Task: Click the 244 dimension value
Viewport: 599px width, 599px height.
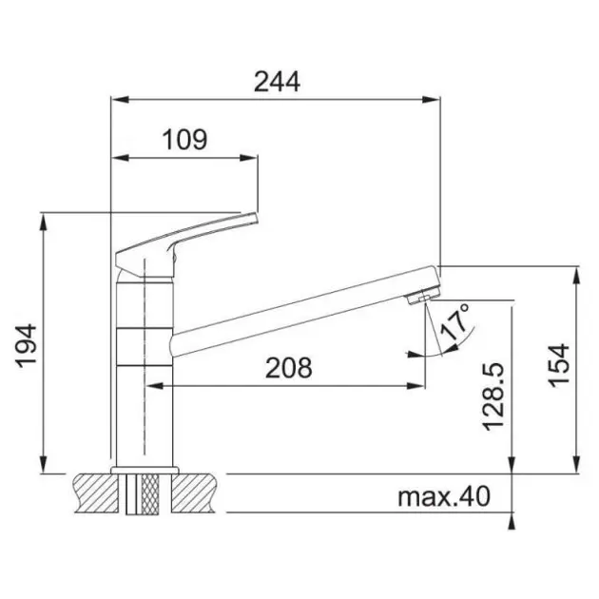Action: coord(277,82)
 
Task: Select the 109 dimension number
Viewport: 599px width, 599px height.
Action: coord(184,140)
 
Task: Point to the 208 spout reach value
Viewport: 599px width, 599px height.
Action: coord(288,368)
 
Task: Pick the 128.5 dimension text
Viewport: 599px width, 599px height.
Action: coord(494,397)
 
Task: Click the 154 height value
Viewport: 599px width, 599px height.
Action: coord(559,365)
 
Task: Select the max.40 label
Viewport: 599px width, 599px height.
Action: coord(444,496)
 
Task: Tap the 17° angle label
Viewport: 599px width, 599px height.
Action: coord(454,321)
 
